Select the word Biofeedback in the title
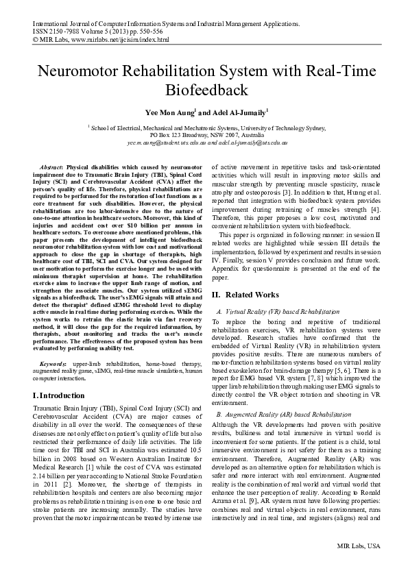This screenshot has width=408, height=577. coord(204,90)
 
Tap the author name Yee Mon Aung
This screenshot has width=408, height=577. coord(169,112)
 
